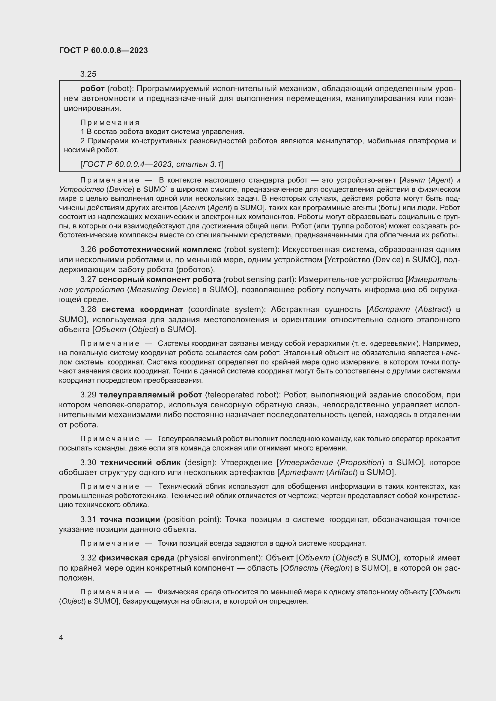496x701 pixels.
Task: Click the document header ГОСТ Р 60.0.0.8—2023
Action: [x=103, y=50]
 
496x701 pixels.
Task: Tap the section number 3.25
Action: [x=88, y=74]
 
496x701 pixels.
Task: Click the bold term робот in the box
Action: [x=92, y=88]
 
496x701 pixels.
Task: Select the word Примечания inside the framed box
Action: [x=110, y=123]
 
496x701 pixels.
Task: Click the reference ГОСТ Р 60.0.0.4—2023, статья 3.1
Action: [x=152, y=164]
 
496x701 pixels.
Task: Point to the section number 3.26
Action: [x=88, y=249]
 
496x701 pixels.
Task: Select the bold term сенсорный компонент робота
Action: [x=160, y=279]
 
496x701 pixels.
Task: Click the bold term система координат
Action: [x=142, y=309]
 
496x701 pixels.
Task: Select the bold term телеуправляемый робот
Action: [x=151, y=395]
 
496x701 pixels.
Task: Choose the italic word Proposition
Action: [x=361, y=462]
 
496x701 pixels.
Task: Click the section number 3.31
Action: [x=88, y=519]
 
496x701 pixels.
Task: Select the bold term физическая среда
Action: [x=136, y=558]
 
